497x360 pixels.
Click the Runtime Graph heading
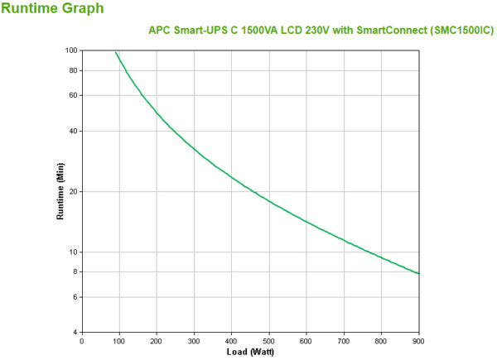53,9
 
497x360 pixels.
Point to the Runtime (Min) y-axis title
60,191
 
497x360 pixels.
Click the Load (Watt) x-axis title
250,352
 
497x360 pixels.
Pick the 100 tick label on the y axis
70,50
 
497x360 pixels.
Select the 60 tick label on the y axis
72,95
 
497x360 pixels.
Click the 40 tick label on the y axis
72,131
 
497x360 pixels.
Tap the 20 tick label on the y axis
72,192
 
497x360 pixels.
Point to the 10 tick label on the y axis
72,252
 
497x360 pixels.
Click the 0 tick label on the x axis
81,341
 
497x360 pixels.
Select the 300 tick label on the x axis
194,341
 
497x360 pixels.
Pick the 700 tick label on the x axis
344,341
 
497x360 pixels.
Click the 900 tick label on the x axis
418,341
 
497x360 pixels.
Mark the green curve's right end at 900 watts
419,274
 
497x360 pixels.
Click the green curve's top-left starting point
115,52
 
